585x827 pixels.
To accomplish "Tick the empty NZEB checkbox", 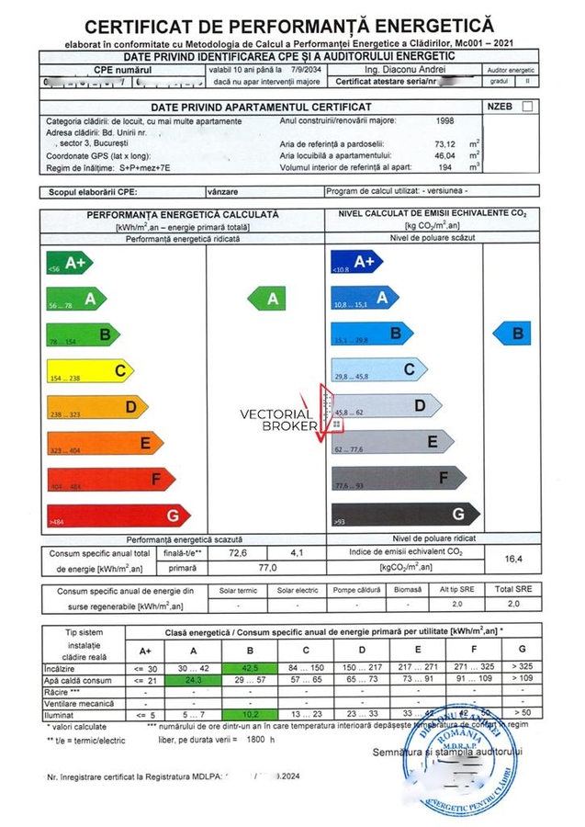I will point(526,107).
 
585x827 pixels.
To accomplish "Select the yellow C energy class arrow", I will point(90,370).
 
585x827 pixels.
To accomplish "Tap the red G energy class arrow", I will point(118,515).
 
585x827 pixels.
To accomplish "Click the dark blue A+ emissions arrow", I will point(354,262).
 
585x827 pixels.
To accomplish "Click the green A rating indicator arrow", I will point(271,299).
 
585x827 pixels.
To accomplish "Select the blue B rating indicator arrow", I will point(513,333).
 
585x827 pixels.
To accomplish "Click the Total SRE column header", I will point(514,589).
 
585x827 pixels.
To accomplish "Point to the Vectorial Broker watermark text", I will point(276,420).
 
